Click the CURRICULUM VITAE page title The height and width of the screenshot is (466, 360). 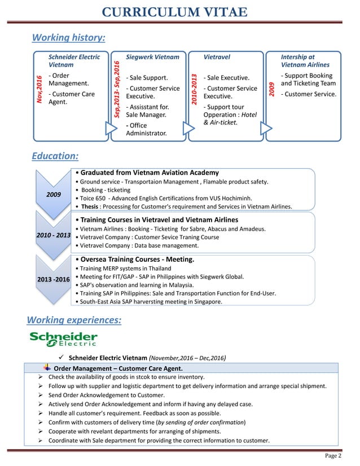180,12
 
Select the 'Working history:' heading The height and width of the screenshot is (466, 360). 69,38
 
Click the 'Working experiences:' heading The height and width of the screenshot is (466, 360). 73,320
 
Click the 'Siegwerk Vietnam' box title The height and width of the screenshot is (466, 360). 152,57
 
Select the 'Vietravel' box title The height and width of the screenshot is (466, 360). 217,57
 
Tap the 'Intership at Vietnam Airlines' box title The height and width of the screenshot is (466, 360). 305,61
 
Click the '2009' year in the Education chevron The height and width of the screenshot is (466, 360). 54,195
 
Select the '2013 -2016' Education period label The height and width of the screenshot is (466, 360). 54,279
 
